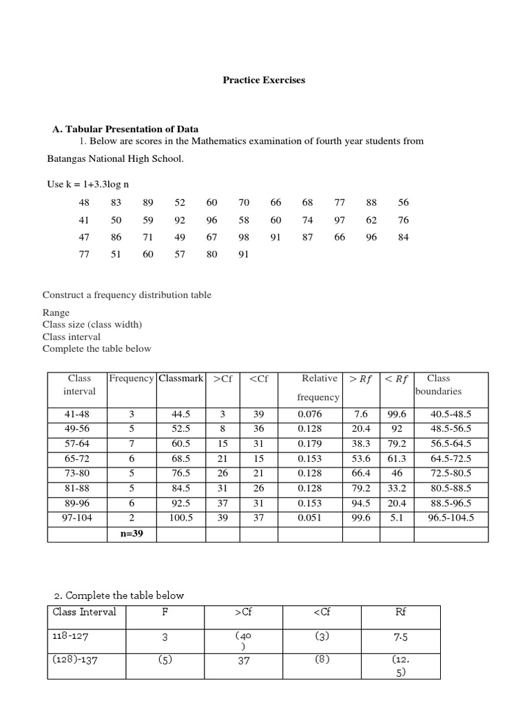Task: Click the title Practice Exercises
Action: (263, 80)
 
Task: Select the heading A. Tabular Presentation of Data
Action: (126, 129)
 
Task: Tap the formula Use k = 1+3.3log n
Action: (88, 184)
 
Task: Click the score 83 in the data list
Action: (116, 202)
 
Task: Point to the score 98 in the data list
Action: (244, 238)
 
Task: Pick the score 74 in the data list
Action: (307, 220)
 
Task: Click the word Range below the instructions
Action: (56, 313)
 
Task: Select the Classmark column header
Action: (180, 379)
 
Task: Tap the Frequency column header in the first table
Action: (132, 379)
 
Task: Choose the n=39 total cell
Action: (131, 533)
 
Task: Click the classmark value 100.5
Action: (181, 518)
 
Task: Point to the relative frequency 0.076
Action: (309, 414)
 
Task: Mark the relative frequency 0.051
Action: (309, 518)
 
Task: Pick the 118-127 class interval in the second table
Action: (72, 637)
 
